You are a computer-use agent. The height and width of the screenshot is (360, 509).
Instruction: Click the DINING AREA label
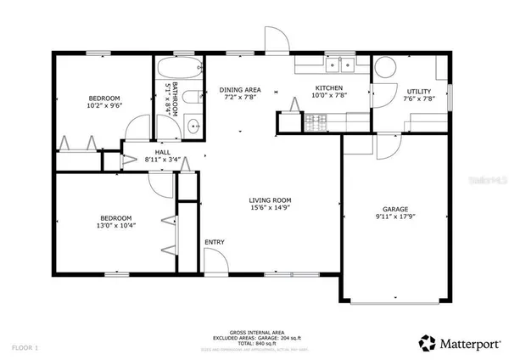(239, 89)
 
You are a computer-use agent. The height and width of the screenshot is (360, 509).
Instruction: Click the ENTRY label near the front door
(215, 243)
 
